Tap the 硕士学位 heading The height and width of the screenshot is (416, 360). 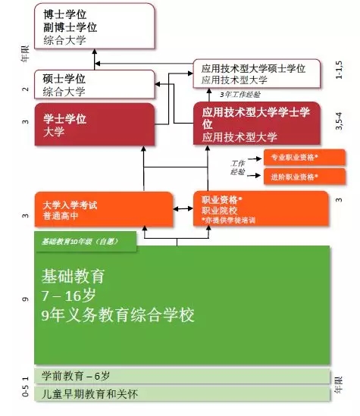(60, 78)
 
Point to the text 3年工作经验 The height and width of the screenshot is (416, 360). (239, 95)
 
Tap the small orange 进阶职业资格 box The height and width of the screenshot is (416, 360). (304, 177)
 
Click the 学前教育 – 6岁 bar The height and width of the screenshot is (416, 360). (182, 377)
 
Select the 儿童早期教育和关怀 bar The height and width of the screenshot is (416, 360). (182, 394)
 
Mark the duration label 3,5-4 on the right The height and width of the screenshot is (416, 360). (340, 121)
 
